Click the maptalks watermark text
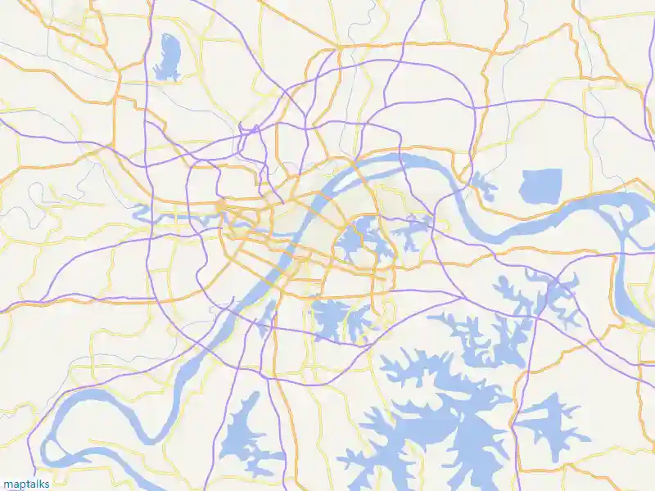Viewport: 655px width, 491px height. click(x=25, y=484)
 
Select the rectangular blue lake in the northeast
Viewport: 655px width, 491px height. click(x=541, y=186)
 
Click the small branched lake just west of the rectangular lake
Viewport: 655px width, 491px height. click(x=483, y=187)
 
